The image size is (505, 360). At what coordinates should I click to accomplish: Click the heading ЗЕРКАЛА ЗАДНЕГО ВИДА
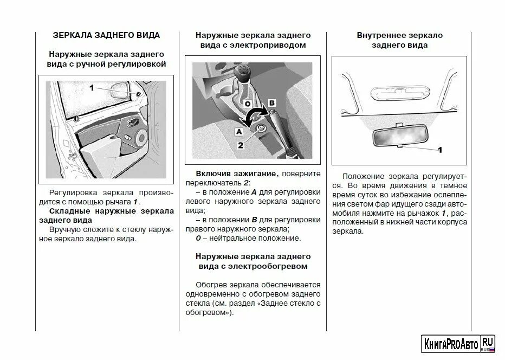pyautogui.click(x=106, y=35)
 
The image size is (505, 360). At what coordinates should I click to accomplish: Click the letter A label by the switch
pyautogui.click(x=237, y=131)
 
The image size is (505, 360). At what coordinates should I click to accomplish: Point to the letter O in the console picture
pyautogui.click(x=247, y=103)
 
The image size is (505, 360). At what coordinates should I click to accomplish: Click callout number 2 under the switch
pyautogui.click(x=242, y=145)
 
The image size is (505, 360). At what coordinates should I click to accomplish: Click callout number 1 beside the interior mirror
pyautogui.click(x=440, y=149)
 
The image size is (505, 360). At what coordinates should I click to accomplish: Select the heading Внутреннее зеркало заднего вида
pyautogui.click(x=399, y=40)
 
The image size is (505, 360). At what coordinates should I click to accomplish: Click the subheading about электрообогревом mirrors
pyautogui.click(x=252, y=261)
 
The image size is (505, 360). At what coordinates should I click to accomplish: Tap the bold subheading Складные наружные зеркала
pyautogui.click(x=106, y=215)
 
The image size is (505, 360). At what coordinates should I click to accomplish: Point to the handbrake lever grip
pyautogui.click(x=274, y=116)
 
